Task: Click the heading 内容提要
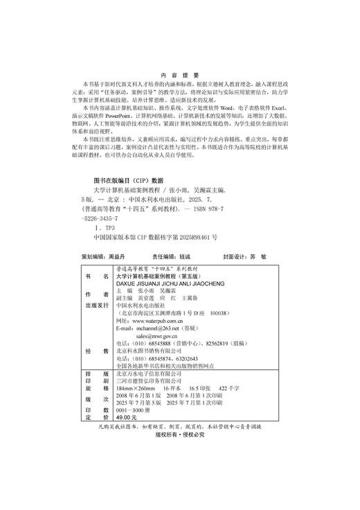point(179,75)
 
